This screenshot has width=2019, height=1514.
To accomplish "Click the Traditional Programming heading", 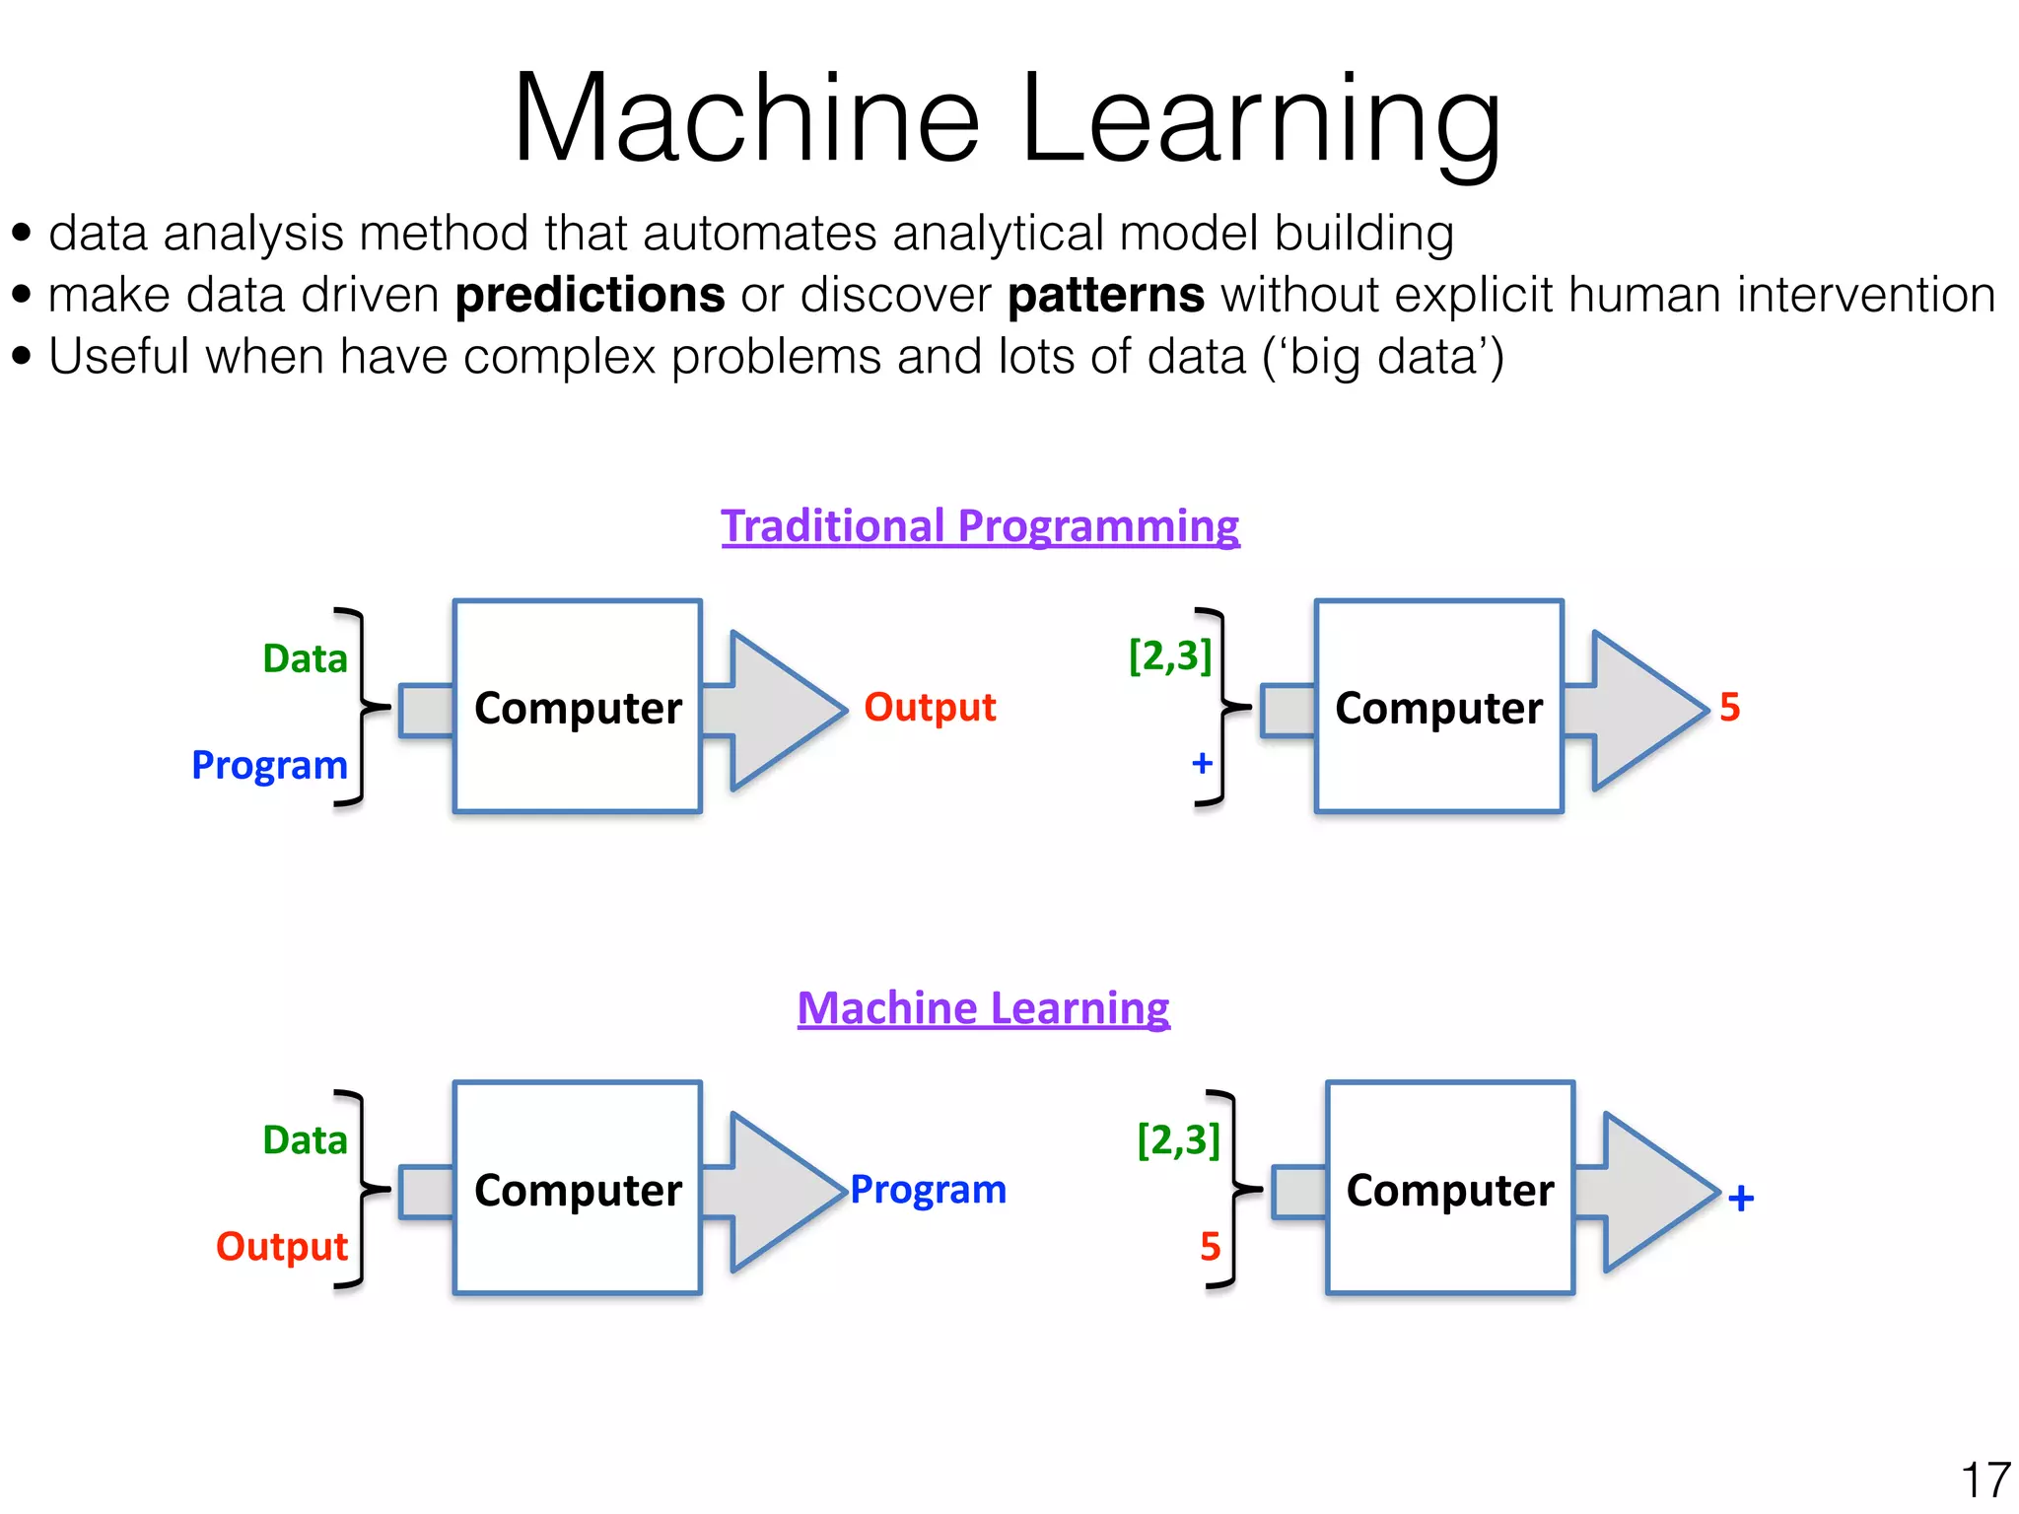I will point(980,526).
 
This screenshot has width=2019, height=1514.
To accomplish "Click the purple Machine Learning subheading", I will point(983,1008).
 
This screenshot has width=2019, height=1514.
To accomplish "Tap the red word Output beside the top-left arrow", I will point(930,708).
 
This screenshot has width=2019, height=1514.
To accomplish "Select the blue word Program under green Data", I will point(269,765).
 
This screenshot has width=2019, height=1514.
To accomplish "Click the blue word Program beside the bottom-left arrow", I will point(928,1190).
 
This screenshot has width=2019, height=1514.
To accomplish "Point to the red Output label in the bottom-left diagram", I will point(282,1247).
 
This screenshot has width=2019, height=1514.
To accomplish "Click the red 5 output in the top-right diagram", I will point(1729,708).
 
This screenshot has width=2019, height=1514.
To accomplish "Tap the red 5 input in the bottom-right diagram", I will point(1210,1248).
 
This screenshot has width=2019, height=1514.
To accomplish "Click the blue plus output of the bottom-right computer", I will point(1741,1198).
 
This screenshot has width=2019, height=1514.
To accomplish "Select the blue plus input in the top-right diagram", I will point(1202,763).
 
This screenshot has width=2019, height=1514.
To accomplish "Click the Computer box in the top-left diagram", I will point(578,707).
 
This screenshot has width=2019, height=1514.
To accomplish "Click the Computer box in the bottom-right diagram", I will point(1450,1189).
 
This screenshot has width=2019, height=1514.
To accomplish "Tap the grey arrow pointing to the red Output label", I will point(774,711).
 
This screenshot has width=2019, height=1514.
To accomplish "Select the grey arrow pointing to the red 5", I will point(1636,711).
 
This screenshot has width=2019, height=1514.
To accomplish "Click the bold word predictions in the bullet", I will point(590,295).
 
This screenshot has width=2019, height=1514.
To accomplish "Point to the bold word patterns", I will point(1106,295).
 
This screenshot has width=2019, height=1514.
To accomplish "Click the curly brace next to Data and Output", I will point(360,1190).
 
